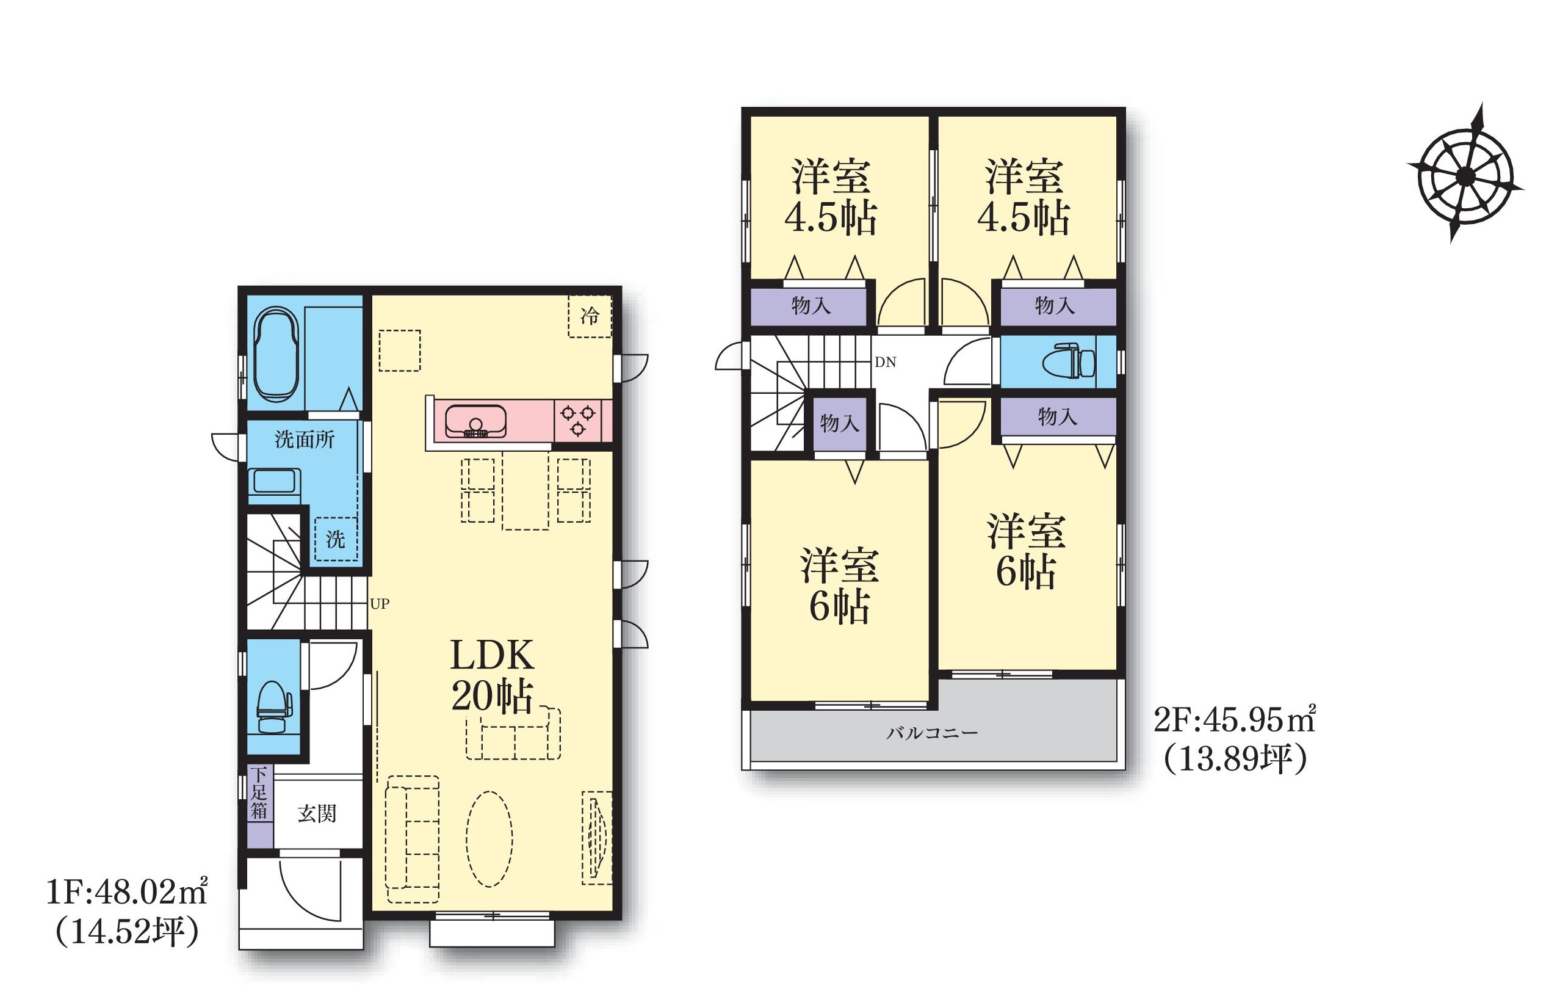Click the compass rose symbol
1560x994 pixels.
(1465, 175)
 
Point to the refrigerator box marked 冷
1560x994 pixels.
(590, 316)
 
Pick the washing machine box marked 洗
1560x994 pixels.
(336, 539)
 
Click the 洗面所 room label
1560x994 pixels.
(305, 440)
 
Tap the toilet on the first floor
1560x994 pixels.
(275, 706)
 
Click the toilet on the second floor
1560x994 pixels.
(1069, 362)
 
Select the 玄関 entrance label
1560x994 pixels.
(317, 813)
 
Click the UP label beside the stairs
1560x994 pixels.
(380, 604)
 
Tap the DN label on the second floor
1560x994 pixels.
(886, 362)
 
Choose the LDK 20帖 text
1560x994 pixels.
(493, 676)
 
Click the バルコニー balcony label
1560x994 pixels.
(932, 733)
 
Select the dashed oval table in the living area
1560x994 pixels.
(489, 838)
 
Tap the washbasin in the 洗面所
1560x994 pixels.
(275, 484)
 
